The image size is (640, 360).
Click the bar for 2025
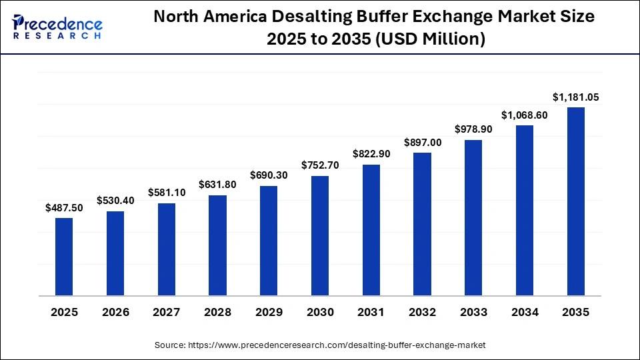[x=64, y=256]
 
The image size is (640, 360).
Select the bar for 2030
[x=320, y=235]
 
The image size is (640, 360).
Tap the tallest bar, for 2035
[x=576, y=201]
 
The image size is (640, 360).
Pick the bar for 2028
[x=217, y=245]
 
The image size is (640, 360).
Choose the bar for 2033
[x=473, y=217]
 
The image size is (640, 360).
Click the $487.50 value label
[x=64, y=208]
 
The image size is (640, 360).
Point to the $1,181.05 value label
[x=576, y=97]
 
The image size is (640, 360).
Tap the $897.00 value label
[x=423, y=143]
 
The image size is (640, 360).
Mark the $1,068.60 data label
[x=525, y=115]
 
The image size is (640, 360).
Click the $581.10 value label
[x=167, y=193]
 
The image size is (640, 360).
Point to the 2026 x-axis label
[x=115, y=311]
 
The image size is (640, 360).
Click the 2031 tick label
[x=371, y=311]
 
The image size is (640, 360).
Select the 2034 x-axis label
[x=525, y=311]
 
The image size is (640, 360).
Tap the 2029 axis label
[x=269, y=311]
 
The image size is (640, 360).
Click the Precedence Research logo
[x=57, y=27]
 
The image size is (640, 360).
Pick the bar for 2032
[x=423, y=223]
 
